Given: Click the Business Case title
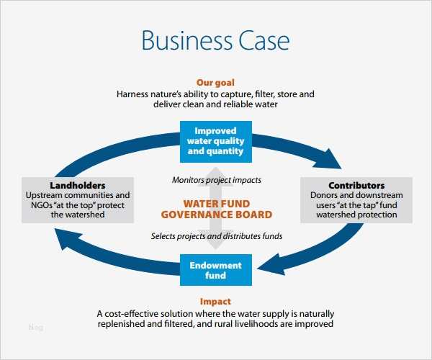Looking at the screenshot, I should tap(215, 40).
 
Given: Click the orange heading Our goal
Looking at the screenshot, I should tap(215, 83).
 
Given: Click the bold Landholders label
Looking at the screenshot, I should tap(78, 185).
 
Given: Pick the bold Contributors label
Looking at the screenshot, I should tap(356, 185).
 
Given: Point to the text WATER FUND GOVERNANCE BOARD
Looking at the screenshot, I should tap(217, 209).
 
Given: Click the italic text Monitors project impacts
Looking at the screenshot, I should tap(217, 179).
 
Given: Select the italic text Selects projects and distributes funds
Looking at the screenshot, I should tap(217, 235).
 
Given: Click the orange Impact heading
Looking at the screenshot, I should tap(215, 302).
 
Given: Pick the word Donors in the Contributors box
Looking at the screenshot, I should tap(325, 195).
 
